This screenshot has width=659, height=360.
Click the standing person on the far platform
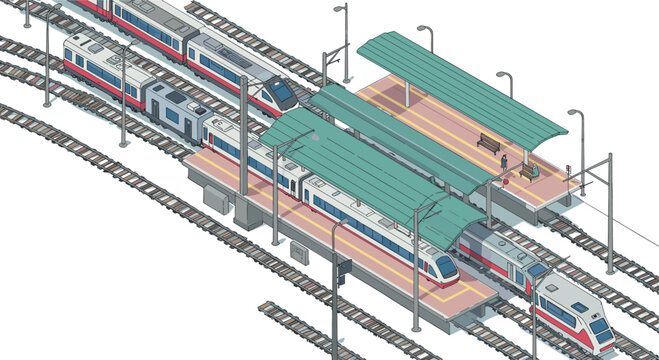pyautogui.click(x=505, y=160)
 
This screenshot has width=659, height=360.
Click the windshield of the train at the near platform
pyautogui.click(x=445, y=265)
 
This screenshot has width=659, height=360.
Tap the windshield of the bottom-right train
pyautogui.click(x=600, y=326)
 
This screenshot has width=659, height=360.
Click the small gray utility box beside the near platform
pyautogui.click(x=299, y=253)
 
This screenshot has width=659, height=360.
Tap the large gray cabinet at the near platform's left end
pyautogui.click(x=216, y=199)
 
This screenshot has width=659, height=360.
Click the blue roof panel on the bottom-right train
pyautogui.click(x=579, y=307)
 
